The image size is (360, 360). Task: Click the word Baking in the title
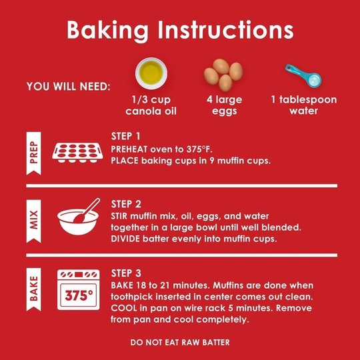click(x=107, y=31)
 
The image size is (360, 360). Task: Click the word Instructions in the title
click(x=226, y=30)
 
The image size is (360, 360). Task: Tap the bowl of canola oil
click(x=151, y=73)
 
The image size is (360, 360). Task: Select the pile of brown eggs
click(x=223, y=75)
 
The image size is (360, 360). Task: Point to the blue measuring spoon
click(x=303, y=75)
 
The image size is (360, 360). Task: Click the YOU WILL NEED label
click(x=69, y=87)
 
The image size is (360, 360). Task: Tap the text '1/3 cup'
click(x=151, y=100)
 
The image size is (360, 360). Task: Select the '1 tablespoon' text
click(x=304, y=100)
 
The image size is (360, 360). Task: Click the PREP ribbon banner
click(x=34, y=153)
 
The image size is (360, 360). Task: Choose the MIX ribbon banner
click(x=34, y=221)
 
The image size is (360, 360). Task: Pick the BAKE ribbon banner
click(x=34, y=289)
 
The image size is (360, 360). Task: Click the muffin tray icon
click(x=77, y=153)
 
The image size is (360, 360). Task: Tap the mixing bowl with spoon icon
click(x=79, y=217)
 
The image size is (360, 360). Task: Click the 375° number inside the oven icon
click(x=79, y=295)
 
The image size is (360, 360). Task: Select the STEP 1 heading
click(x=125, y=137)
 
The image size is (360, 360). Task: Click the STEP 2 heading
click(x=126, y=204)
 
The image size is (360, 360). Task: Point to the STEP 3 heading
click(x=126, y=273)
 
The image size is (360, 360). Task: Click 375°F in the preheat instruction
click(x=199, y=149)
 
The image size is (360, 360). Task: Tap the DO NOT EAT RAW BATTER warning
click(x=180, y=342)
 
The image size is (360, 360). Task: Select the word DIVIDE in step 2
click(x=125, y=239)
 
